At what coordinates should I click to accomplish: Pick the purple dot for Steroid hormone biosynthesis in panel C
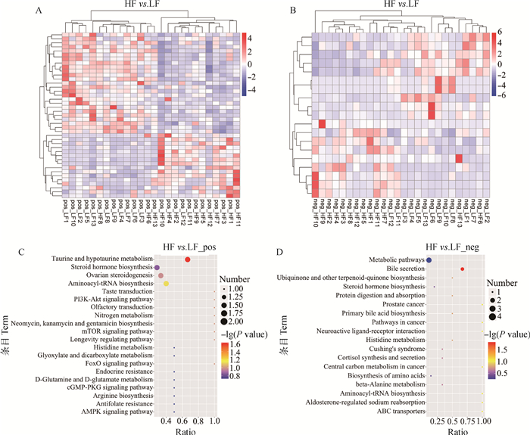pyautogui.click(x=157, y=268)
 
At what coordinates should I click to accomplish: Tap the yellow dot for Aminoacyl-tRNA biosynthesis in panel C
pyautogui.click(x=166, y=284)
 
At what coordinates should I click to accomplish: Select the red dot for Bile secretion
pyautogui.click(x=463, y=269)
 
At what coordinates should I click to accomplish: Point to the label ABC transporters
pyautogui.click(x=391, y=412)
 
